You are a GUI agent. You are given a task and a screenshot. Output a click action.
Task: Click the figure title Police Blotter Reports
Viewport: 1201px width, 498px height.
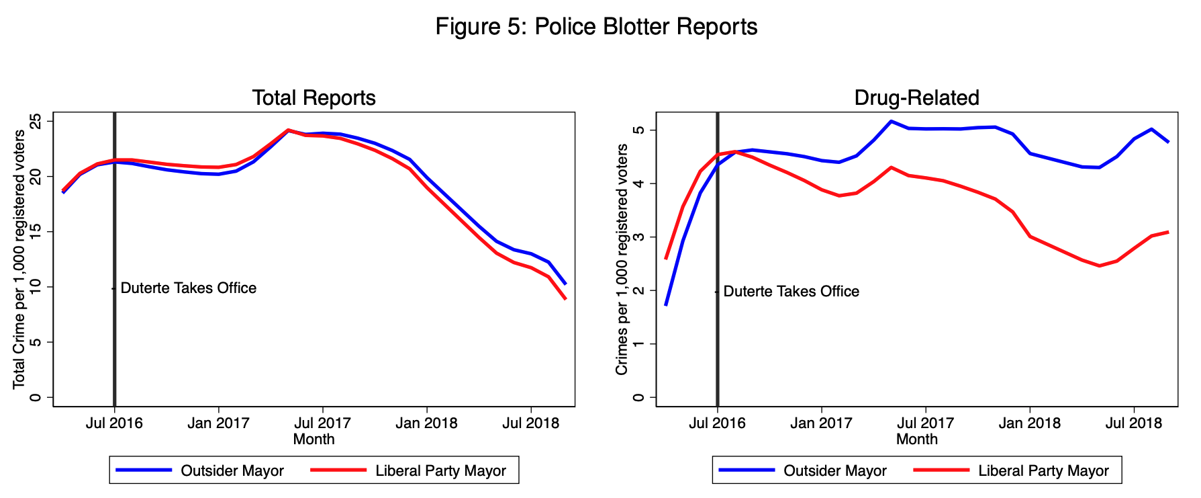596,27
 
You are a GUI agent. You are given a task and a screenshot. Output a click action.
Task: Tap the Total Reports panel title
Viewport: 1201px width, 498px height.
314,98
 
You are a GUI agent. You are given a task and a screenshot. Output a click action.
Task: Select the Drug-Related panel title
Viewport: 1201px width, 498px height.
916,98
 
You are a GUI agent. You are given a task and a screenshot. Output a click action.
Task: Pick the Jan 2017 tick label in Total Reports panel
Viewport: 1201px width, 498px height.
218,423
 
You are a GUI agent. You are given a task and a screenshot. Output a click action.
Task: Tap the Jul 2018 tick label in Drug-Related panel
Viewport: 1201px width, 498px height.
1134,423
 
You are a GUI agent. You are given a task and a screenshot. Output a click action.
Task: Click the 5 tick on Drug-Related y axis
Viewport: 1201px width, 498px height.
639,130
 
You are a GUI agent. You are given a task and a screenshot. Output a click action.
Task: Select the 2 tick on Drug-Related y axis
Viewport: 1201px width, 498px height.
639,290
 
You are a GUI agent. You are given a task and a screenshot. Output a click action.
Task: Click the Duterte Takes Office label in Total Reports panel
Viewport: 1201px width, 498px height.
188,288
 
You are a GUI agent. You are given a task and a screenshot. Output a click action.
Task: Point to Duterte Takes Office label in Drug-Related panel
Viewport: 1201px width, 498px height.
791,292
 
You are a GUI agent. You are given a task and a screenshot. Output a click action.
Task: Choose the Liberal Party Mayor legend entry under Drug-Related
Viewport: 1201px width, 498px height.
1043,471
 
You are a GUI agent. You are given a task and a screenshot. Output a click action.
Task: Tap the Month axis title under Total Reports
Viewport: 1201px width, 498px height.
314,440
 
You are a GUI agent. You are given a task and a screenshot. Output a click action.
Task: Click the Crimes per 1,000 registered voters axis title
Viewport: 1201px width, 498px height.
622,259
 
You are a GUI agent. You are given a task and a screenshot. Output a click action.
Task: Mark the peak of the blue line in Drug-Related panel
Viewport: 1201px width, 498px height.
891,122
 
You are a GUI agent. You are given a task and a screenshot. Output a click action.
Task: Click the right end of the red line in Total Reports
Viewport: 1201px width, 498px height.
566,298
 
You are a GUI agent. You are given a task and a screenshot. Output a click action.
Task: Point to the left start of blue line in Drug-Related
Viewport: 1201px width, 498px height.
665,305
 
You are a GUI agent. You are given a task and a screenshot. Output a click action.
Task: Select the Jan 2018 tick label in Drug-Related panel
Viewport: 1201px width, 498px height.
1030,423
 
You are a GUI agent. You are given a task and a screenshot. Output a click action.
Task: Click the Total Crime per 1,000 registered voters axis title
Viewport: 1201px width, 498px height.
19,259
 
